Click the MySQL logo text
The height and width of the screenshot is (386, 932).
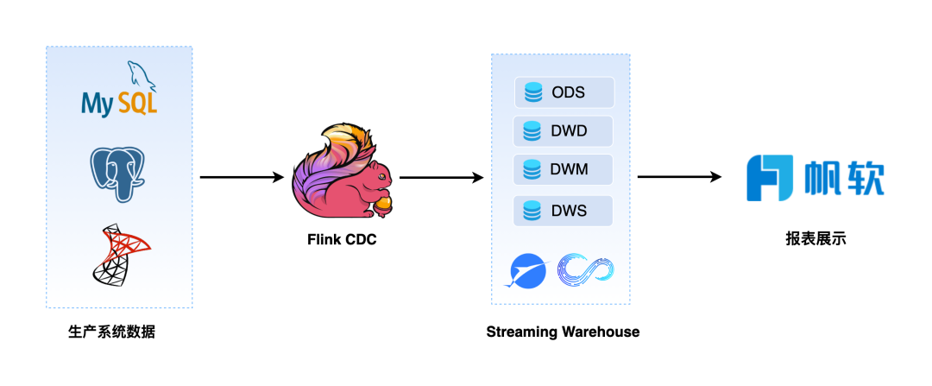(119, 104)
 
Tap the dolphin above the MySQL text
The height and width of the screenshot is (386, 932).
(142, 76)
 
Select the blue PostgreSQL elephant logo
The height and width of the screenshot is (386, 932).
(118, 174)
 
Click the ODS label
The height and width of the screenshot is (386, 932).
(569, 92)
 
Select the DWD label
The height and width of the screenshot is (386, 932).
(569, 131)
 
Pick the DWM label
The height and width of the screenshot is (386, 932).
(569, 169)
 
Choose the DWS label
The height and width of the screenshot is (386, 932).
(569, 210)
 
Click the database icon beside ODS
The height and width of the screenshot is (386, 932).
(533, 92)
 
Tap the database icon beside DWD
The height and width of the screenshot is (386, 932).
(532, 131)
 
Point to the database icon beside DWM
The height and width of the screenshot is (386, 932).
(532, 169)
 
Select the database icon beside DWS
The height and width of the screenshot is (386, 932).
(532, 210)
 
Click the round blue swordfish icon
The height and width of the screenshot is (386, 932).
(526, 271)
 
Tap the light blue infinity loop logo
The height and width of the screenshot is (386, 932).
(585, 269)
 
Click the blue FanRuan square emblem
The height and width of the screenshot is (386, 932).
(770, 178)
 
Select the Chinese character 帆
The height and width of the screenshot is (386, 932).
(823, 179)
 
